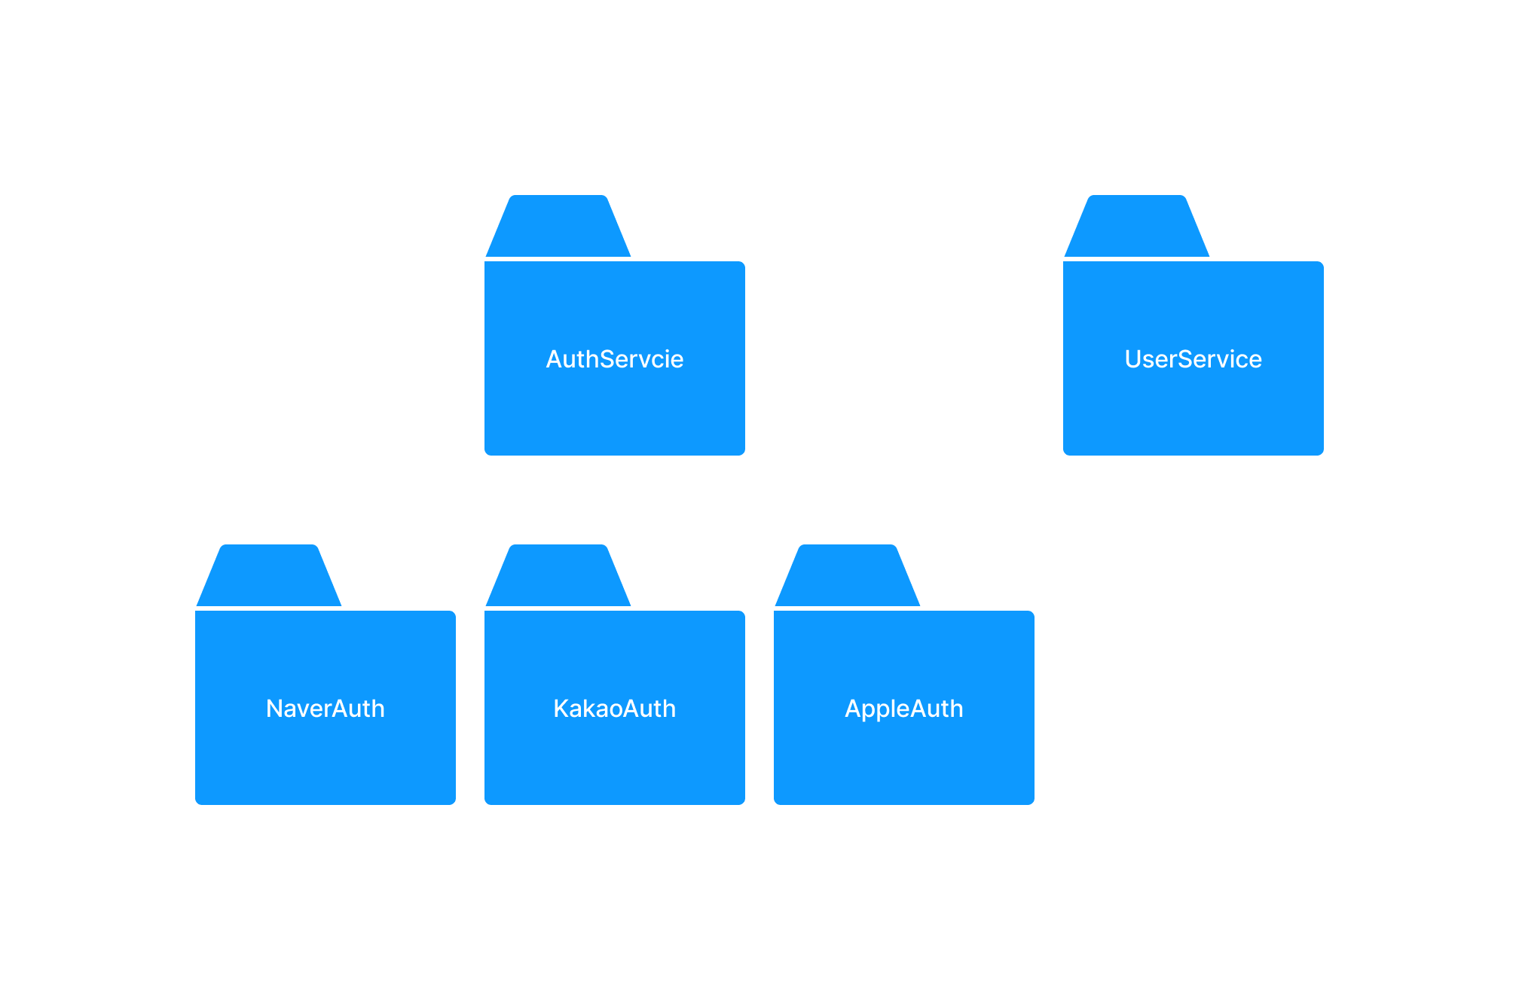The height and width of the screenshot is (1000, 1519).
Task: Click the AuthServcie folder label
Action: click(615, 359)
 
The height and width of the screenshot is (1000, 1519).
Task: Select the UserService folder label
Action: click(1193, 359)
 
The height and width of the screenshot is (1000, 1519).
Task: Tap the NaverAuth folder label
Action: click(325, 709)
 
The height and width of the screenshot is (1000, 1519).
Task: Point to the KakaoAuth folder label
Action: click(615, 709)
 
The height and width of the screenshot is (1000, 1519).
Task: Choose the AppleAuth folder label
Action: click(904, 709)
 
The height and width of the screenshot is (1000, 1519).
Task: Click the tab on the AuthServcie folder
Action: click(558, 226)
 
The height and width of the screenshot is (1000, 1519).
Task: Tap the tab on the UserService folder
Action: click(1137, 226)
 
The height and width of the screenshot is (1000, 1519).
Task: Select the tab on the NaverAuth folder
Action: click(269, 575)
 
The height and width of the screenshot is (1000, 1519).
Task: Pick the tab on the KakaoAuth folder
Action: click(558, 575)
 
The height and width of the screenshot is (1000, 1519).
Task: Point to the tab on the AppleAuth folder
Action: click(848, 575)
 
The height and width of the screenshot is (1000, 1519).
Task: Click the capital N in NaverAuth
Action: click(275, 709)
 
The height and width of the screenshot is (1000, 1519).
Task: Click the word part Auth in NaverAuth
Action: click(357, 709)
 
